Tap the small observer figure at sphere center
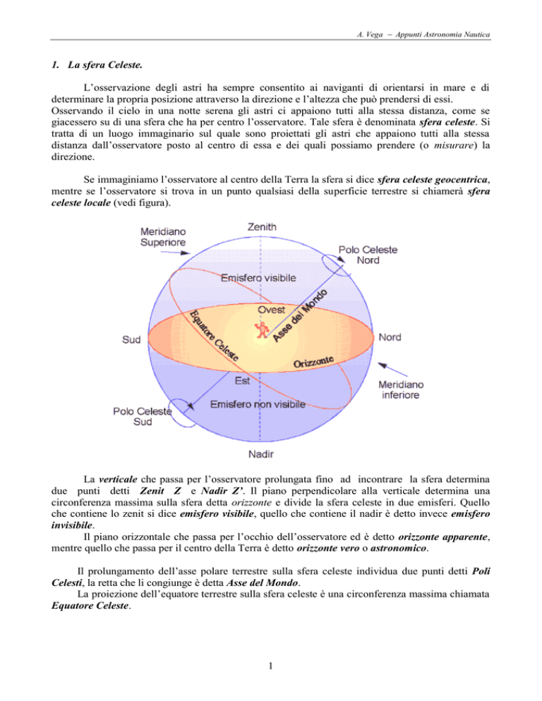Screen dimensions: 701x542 [263, 329]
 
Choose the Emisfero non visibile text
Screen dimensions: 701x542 [259, 404]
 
